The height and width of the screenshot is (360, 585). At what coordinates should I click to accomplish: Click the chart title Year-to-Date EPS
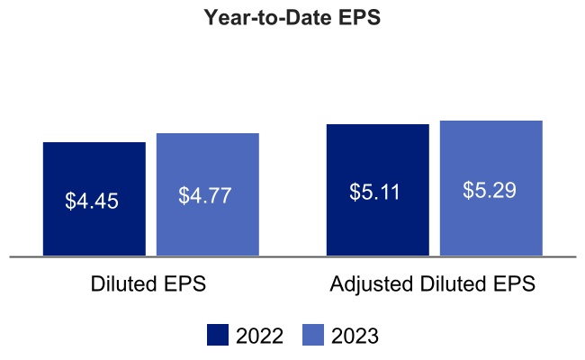tap(292, 18)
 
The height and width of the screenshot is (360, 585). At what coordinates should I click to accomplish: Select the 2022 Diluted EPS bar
tap(94, 225)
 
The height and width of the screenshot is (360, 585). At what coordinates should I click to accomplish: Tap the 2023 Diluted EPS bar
tap(208, 225)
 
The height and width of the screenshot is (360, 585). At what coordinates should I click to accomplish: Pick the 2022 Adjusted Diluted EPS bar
tap(377, 225)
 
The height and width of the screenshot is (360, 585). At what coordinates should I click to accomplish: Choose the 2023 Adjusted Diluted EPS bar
tap(490, 225)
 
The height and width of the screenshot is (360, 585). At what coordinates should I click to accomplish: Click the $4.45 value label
tap(92, 201)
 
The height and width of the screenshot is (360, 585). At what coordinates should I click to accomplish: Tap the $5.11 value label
tap(375, 192)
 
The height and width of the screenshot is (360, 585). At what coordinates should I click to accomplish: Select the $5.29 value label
tap(490, 190)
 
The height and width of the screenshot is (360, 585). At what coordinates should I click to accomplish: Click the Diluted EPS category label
tap(148, 284)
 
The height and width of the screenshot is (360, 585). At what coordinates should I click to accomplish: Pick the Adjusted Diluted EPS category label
tap(433, 284)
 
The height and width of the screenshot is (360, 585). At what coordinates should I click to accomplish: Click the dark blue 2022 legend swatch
tap(218, 336)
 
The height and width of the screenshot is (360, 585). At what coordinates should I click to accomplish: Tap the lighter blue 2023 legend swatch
tap(313, 336)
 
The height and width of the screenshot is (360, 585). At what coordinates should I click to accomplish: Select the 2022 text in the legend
tap(259, 337)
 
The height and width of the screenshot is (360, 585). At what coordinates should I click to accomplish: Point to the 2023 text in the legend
tap(355, 337)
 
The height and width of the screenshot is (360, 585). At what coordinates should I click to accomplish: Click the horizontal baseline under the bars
tap(292, 256)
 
